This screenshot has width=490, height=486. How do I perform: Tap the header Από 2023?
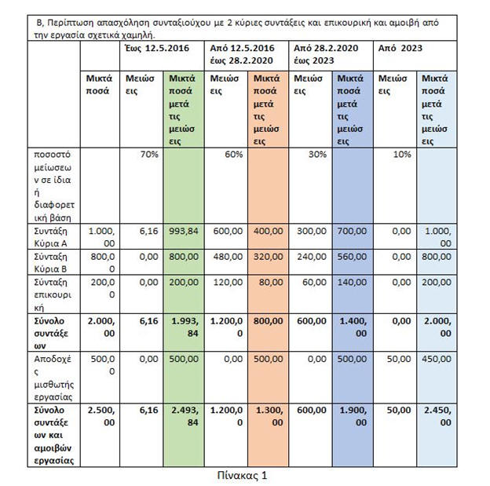point(400,48)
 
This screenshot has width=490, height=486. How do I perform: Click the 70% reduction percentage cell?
point(149,154)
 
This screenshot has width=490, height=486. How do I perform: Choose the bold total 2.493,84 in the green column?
point(184,416)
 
